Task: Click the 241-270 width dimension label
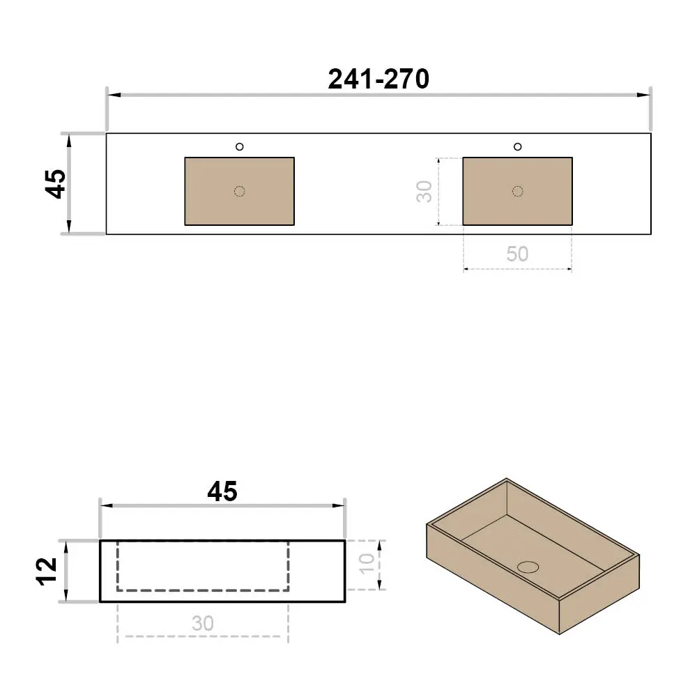(378, 79)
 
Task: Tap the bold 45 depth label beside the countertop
(56, 183)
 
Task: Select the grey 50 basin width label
(517, 254)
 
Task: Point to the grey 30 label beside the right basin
(424, 192)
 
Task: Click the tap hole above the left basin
(240, 146)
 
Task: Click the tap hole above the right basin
(517, 146)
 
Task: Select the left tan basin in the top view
(240, 191)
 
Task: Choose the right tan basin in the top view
(517, 191)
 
